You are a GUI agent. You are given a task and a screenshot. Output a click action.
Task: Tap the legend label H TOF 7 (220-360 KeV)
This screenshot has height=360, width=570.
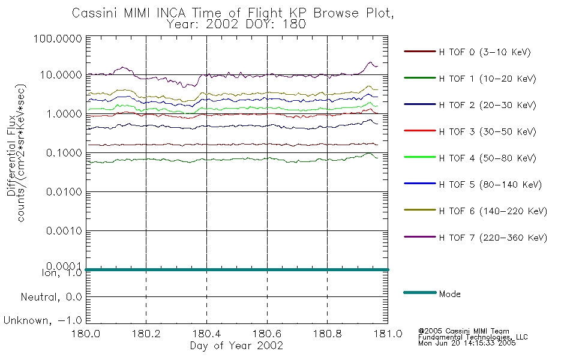pos(493,238)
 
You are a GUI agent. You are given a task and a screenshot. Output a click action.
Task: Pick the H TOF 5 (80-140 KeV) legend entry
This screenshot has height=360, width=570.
pos(490,185)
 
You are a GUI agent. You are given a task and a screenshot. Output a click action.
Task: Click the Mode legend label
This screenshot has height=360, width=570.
pos(449,294)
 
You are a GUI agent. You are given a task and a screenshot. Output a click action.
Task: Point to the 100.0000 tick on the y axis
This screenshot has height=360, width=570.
pos(58,38)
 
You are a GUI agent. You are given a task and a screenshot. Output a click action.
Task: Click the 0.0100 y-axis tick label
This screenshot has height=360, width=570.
pos(64,191)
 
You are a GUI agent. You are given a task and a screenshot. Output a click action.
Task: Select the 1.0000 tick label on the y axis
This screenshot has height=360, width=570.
pos(64,114)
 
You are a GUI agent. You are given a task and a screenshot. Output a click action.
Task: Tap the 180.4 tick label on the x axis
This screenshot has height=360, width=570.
pos(207,334)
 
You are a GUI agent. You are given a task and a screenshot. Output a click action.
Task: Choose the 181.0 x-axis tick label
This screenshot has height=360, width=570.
pos(388,334)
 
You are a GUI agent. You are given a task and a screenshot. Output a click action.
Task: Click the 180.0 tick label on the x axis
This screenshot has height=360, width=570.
pos(86,334)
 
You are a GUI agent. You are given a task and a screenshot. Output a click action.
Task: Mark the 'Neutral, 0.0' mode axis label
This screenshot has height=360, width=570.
pos(51,298)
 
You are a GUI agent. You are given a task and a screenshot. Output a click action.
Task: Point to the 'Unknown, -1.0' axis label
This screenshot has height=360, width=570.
pos(43,321)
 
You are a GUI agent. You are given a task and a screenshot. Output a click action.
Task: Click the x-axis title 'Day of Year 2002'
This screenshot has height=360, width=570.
pos(236,346)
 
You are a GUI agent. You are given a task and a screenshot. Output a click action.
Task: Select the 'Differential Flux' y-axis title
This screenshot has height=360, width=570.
pos(11,155)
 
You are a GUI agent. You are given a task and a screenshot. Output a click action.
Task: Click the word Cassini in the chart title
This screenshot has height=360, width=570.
pos(95,13)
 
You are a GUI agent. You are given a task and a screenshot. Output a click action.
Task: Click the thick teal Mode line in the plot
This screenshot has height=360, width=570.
pos(236,269)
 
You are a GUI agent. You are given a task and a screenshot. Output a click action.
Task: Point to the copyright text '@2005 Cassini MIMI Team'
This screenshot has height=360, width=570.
pos(463,331)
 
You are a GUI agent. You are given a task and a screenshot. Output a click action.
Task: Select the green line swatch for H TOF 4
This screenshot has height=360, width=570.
pos(420,157)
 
